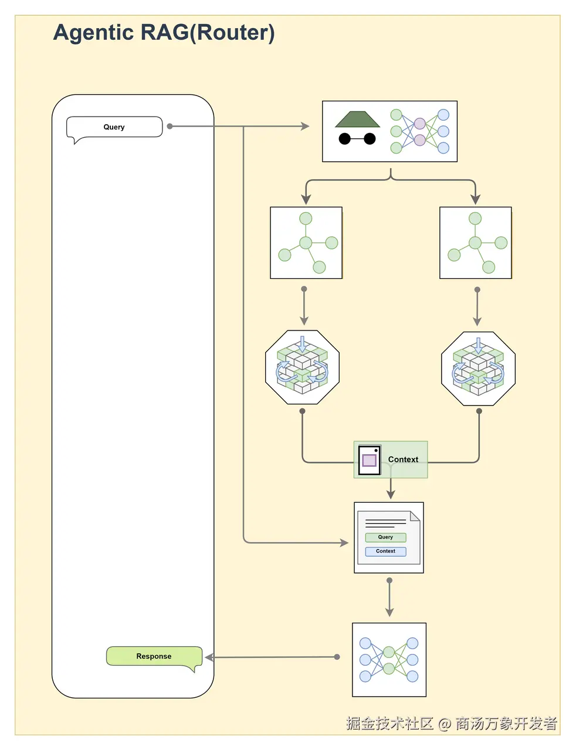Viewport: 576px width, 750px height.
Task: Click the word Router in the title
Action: point(233,33)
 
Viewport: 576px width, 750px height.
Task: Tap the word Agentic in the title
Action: point(93,33)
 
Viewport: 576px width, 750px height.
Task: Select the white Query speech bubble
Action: point(114,128)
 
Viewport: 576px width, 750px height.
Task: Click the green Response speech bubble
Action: point(154,657)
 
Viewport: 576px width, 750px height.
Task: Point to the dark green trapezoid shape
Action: point(357,119)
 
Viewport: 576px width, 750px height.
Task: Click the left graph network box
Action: point(306,243)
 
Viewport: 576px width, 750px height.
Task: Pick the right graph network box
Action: point(476,243)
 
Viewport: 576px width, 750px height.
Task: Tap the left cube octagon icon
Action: point(302,367)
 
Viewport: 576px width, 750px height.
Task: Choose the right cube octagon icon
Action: point(478,369)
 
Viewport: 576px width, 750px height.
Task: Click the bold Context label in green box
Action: point(403,459)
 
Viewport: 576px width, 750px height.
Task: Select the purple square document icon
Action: point(370,460)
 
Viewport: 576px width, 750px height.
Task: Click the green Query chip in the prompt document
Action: point(385,537)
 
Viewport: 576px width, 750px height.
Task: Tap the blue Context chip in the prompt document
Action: point(385,551)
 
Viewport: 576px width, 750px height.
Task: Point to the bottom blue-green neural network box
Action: point(389,660)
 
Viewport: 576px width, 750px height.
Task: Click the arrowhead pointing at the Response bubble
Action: point(209,657)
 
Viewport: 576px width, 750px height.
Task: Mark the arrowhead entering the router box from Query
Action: point(306,127)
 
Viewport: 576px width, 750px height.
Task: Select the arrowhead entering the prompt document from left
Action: point(344,543)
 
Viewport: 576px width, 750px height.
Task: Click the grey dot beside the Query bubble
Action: point(170,127)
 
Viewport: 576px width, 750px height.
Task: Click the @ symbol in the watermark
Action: point(445,724)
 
